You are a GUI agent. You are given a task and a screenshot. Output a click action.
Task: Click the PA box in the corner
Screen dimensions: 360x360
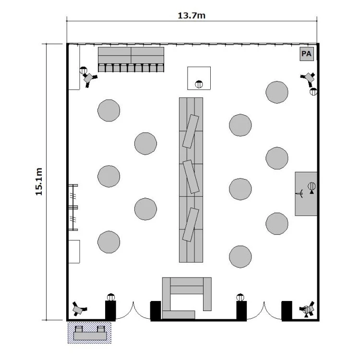pyautogui.click(x=307, y=54)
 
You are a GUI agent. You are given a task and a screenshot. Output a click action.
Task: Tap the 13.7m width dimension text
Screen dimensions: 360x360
pyautogui.click(x=192, y=16)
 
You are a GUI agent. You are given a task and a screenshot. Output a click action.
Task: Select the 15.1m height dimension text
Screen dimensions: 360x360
pyautogui.click(x=39, y=181)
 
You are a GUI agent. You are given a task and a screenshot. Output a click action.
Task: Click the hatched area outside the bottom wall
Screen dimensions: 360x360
pyautogui.click(x=89, y=333)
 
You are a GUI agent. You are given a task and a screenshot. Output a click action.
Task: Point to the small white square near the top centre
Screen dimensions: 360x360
pyautogui.click(x=199, y=78)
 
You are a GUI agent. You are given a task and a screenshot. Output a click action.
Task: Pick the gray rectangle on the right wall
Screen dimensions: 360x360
pyautogui.click(x=306, y=194)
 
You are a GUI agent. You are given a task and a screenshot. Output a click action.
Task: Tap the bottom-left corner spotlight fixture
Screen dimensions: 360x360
pyautogui.click(x=79, y=309)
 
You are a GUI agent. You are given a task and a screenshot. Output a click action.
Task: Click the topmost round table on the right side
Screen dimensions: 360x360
pyautogui.click(x=277, y=92)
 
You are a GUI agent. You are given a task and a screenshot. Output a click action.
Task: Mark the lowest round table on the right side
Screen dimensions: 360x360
pyautogui.click(x=240, y=257)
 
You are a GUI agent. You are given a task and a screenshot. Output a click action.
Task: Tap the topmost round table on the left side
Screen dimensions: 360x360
pyautogui.click(x=108, y=110)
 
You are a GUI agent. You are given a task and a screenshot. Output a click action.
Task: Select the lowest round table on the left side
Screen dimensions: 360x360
pyautogui.click(x=108, y=242)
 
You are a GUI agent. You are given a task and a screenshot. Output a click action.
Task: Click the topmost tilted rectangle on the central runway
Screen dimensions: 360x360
pyautogui.click(x=191, y=132)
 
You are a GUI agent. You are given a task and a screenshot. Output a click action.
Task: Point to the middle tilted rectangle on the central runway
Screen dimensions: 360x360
pyautogui.click(x=191, y=177)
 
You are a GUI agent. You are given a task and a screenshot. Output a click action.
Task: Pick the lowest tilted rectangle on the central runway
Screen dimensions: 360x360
pyautogui.click(x=191, y=225)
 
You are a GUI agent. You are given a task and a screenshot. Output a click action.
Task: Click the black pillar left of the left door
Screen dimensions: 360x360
pyautogui.click(x=110, y=311)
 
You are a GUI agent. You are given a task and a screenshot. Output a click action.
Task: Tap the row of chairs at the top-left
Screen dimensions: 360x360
pyautogui.click(x=131, y=68)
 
